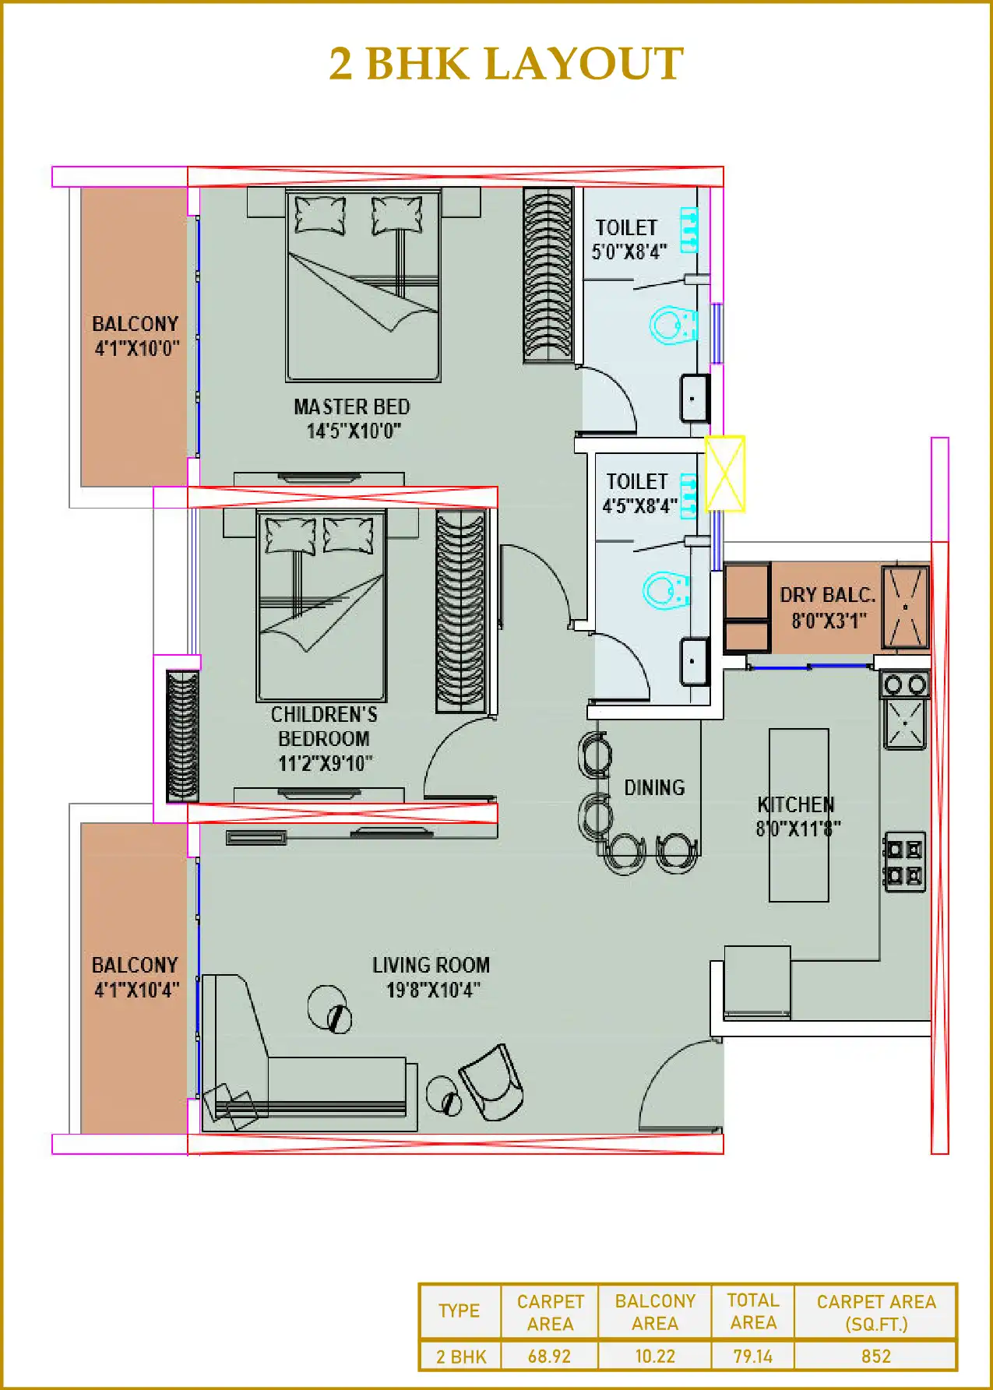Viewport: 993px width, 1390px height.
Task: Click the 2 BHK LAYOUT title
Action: (x=505, y=64)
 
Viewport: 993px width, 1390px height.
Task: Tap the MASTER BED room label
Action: (x=352, y=418)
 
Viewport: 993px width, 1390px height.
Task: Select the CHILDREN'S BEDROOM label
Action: (x=324, y=738)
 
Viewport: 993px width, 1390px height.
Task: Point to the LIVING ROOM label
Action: (x=431, y=977)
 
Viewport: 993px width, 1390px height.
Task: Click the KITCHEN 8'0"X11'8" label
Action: (x=798, y=816)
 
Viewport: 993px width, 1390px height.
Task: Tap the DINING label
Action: (x=654, y=788)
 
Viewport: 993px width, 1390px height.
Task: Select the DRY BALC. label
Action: (x=828, y=607)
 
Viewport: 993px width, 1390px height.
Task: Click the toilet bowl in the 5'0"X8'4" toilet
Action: (x=672, y=326)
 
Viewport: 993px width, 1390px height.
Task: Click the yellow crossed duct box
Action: (x=725, y=473)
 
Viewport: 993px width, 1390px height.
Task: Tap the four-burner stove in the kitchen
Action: (x=904, y=862)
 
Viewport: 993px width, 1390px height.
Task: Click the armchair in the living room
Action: (x=491, y=1082)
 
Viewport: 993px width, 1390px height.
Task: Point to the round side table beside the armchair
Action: (x=443, y=1095)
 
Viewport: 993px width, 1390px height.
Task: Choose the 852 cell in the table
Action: (x=875, y=1356)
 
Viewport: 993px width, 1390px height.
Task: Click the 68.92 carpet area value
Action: (x=549, y=1356)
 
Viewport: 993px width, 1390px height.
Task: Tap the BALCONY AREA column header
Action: (x=654, y=1312)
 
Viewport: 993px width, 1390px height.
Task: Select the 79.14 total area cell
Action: (x=752, y=1356)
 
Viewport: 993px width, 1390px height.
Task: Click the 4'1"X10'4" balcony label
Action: (x=136, y=977)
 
